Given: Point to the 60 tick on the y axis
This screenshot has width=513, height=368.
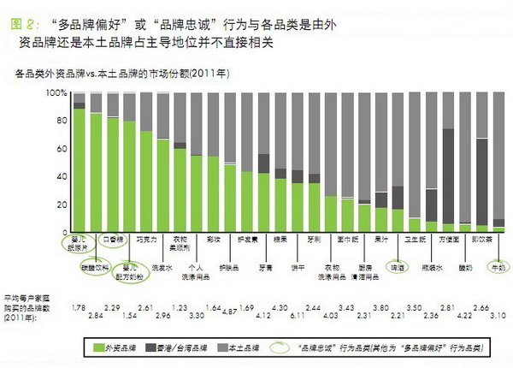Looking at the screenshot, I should (60, 148).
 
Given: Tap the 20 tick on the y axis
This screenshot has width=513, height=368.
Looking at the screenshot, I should (60, 205).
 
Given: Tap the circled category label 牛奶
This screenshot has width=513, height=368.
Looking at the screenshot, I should (495, 266).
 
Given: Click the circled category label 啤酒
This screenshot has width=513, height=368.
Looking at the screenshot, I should (396, 265).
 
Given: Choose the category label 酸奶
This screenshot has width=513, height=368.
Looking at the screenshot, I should (465, 266).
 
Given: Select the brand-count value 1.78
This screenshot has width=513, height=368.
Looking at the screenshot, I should (80, 306).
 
